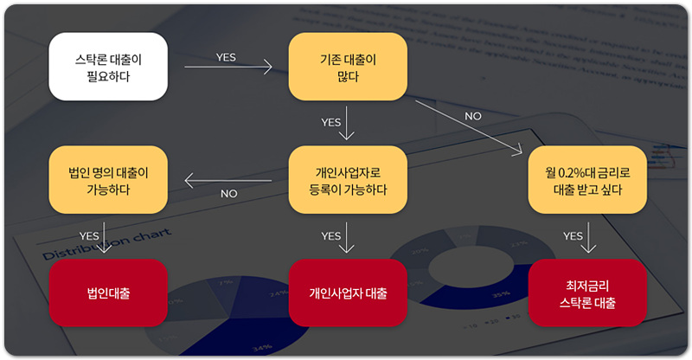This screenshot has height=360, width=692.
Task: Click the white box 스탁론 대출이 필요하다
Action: [x=108, y=67]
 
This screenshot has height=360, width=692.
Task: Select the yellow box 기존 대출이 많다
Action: [x=347, y=67]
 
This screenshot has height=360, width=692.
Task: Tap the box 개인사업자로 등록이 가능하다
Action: [x=347, y=179]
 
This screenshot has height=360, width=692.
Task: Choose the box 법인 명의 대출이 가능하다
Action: [x=108, y=179]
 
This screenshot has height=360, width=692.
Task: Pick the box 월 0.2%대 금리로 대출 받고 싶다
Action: [x=586, y=179]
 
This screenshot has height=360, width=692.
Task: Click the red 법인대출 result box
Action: [x=108, y=292]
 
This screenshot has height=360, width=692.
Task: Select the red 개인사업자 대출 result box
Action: [x=347, y=292]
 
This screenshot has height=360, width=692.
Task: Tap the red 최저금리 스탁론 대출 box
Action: [x=586, y=292]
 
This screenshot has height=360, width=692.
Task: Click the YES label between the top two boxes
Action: [x=226, y=57]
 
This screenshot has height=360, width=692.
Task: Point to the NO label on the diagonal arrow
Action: [x=473, y=116]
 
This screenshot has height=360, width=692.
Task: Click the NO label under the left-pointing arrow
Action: [x=228, y=194]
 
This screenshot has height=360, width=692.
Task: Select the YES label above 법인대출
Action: [x=89, y=235]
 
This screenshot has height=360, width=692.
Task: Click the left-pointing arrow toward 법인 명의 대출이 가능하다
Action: [x=228, y=181]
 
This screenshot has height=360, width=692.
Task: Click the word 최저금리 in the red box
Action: [x=586, y=285]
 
